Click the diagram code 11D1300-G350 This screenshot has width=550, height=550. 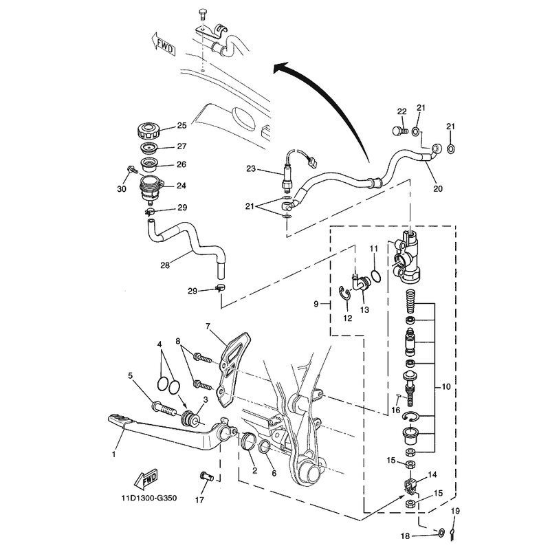(149, 498)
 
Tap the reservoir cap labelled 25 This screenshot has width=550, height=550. (148, 131)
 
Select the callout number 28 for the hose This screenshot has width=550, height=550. (165, 265)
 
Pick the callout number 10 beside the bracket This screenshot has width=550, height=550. (445, 387)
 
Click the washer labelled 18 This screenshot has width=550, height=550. (441, 533)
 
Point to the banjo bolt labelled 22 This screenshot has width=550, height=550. (399, 131)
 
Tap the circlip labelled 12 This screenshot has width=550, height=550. (344, 294)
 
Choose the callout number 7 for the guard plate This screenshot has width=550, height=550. (208, 326)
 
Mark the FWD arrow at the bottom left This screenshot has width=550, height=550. (146, 478)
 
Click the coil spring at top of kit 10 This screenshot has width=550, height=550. (410, 302)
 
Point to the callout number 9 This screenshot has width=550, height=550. (316, 304)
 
